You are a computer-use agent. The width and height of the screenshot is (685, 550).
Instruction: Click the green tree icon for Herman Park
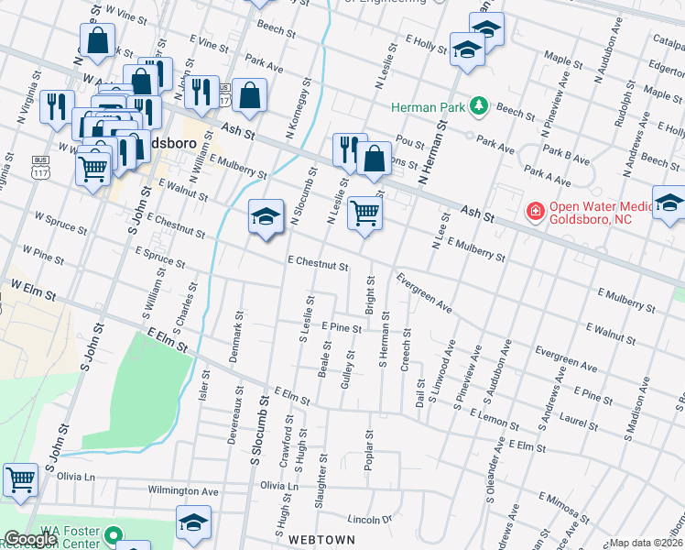pos(477,107)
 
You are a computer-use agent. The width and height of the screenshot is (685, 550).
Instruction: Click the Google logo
pos(30,540)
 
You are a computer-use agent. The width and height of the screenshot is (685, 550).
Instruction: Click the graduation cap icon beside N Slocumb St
pos(265,217)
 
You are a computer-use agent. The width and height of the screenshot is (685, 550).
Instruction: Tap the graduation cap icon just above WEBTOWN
pos(193,522)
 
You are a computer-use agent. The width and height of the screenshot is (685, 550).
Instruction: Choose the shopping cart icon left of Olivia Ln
pos(20,479)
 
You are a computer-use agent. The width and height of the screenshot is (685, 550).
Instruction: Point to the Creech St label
pos(406,350)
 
